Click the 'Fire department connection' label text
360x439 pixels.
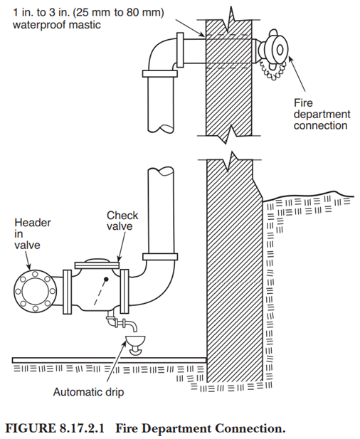coord(322,113)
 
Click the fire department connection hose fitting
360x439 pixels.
coord(274,48)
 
